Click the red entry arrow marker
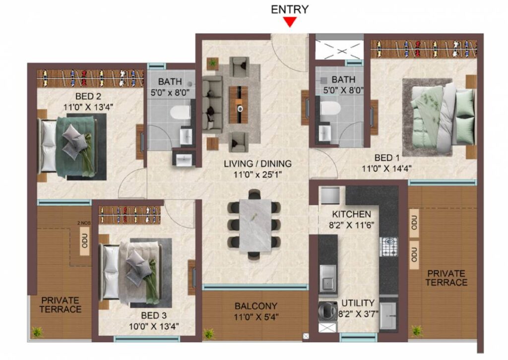(x=290, y=22)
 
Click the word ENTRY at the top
(x=290, y=9)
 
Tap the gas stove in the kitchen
(x=389, y=246)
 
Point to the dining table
(x=255, y=225)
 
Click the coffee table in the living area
(x=239, y=105)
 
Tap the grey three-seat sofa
(x=212, y=103)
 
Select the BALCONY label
(x=255, y=306)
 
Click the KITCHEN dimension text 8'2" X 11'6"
(x=352, y=225)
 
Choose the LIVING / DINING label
(x=257, y=164)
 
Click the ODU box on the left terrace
(x=84, y=240)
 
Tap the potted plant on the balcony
(x=208, y=333)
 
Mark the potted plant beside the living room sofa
(x=212, y=63)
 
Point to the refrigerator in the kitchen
(x=330, y=195)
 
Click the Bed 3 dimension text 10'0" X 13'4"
(x=154, y=326)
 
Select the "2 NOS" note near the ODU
(x=84, y=223)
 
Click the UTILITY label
(x=358, y=303)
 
